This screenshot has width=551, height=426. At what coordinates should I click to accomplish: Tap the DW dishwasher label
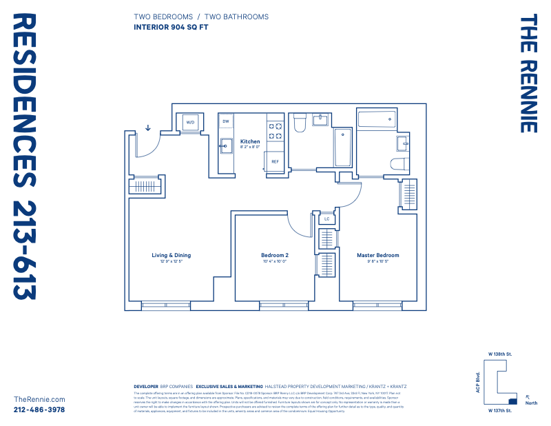(x=225, y=121)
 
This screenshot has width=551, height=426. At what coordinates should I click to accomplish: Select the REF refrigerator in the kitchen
(x=275, y=161)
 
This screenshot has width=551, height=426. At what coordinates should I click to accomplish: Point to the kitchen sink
(x=225, y=145)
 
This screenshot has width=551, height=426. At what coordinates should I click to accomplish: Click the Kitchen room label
(x=250, y=141)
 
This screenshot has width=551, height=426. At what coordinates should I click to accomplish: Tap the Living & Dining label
(x=171, y=255)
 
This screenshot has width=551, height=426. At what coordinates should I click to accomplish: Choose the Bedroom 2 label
(x=274, y=255)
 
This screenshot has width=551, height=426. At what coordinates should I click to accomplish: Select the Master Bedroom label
(x=377, y=255)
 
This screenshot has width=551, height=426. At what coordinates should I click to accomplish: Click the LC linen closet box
(x=327, y=219)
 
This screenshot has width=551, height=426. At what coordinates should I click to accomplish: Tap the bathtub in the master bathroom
(x=376, y=120)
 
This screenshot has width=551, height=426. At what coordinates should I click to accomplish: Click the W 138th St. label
(x=499, y=354)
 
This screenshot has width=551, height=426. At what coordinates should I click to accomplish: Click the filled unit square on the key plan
(x=512, y=400)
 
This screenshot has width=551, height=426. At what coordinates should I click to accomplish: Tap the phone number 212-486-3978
(x=39, y=409)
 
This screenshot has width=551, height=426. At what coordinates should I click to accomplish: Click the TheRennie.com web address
(x=39, y=399)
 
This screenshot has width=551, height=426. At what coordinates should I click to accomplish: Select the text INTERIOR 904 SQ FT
(x=170, y=28)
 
